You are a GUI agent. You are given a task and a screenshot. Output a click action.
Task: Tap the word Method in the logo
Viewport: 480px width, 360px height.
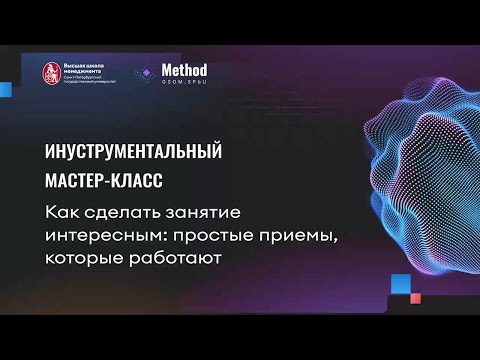186,70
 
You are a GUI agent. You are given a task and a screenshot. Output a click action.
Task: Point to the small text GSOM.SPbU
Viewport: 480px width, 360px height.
185,83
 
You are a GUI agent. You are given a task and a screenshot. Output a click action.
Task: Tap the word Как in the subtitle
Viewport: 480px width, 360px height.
61,213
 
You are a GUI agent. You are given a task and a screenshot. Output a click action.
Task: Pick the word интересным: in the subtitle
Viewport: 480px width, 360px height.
104,236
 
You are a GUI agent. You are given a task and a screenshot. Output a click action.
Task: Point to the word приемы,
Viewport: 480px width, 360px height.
298,237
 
